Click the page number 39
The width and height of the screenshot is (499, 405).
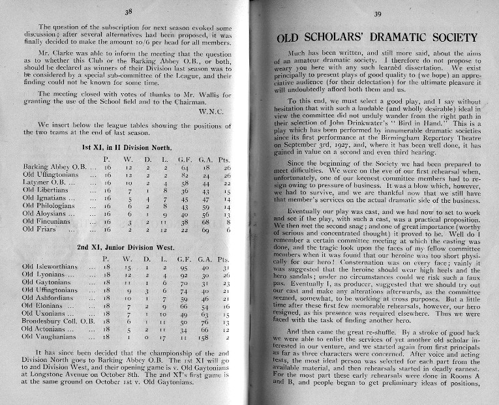click(x=376, y=14)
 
